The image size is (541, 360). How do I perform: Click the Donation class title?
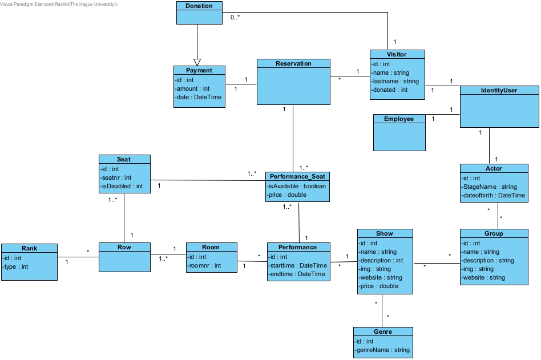199,6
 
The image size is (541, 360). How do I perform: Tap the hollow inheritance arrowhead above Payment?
197,62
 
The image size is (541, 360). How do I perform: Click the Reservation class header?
293,63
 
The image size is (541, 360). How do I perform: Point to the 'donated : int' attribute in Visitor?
390,90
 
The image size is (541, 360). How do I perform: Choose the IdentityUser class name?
499,90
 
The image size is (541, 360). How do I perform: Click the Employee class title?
399,119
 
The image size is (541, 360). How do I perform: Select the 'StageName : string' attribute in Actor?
490,187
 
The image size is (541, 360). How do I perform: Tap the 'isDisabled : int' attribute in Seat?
122,186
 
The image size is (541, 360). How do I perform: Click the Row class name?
124,247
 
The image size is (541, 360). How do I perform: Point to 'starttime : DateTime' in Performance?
297,265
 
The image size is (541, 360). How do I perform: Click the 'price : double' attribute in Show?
379,286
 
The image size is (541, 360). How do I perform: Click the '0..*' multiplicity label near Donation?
235,18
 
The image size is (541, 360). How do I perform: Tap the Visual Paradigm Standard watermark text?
59,4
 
